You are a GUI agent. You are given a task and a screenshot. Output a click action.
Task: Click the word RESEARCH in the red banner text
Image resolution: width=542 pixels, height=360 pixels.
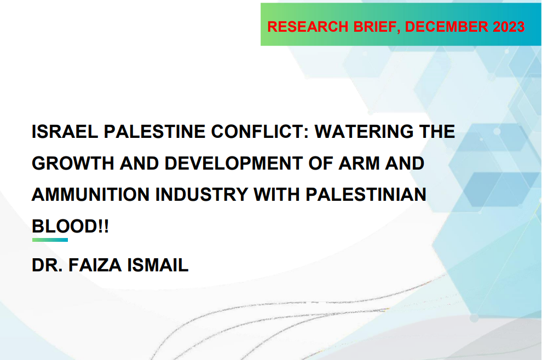coord(308,27)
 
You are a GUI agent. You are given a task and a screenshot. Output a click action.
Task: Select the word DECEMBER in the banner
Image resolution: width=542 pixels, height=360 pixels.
coord(447,27)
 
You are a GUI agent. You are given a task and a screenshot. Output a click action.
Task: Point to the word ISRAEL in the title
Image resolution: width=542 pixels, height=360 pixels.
coord(65,132)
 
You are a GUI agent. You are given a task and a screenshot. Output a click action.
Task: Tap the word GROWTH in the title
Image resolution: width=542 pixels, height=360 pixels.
coord(73,163)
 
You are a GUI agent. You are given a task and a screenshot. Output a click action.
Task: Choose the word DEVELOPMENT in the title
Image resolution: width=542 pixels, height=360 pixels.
coord(234,163)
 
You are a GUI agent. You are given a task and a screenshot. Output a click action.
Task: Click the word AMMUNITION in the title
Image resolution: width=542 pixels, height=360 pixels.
coord(90,195)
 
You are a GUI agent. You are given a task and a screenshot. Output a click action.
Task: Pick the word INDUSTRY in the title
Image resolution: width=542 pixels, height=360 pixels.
coord(202,195)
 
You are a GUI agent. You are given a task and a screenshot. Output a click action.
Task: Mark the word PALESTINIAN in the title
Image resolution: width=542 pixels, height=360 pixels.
coord(366,195)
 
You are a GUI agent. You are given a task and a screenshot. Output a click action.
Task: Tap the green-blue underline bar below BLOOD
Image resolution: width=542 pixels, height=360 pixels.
coord(50,240)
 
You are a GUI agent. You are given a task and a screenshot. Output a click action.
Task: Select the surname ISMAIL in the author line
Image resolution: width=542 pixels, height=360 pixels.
coord(158,265)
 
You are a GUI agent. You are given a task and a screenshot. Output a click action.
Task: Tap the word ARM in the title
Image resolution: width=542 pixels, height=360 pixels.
coord(359,163)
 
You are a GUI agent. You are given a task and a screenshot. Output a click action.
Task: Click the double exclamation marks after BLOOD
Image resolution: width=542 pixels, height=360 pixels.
coord(103,227)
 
